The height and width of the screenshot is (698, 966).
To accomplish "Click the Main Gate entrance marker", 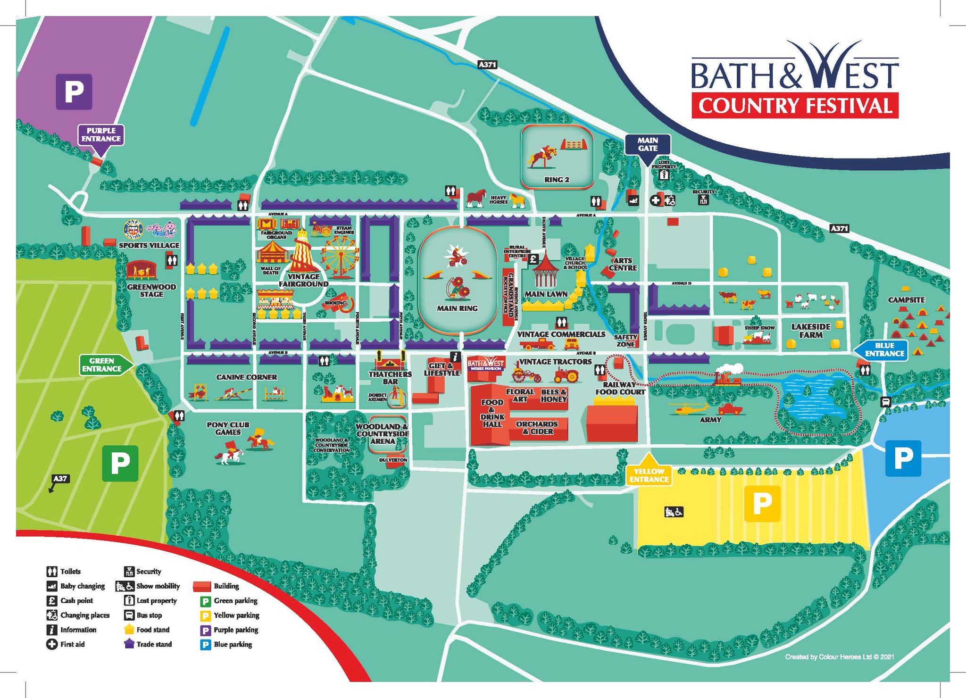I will tap(647, 144).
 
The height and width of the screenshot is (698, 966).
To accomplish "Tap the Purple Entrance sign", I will tap(101, 135).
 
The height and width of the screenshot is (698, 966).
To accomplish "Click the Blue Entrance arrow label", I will tap(883, 349).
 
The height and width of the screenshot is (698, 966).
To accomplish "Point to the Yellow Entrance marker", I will tap(649, 474).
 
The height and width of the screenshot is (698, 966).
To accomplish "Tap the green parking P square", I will tap(120, 464).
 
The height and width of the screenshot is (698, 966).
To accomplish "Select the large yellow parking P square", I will tap(762, 504).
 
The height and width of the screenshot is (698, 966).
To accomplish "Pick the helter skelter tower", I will tap(304, 250).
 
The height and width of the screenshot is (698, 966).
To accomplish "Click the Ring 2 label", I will tap(557, 180).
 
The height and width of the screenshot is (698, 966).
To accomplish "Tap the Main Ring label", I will tap(457, 308).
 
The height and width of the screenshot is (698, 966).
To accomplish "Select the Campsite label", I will tap(906, 300).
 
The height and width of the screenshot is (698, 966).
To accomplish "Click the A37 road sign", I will tap(60, 479).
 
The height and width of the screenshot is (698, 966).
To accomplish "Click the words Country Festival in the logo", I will tap(795, 106).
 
